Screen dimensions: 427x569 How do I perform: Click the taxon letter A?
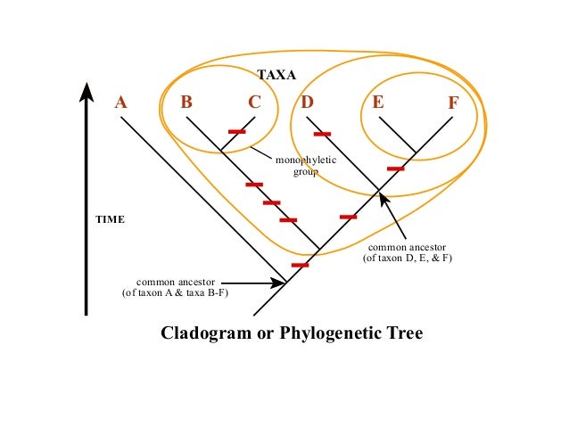121,103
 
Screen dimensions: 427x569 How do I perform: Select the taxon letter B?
186,102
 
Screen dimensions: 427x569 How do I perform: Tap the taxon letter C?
254,102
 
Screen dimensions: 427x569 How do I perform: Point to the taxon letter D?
307,102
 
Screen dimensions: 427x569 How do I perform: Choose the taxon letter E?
378,102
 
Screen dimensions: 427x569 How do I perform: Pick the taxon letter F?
453,103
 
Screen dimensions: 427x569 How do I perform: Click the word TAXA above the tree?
276,76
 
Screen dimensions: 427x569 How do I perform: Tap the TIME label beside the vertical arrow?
111,218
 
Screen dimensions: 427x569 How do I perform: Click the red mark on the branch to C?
236,131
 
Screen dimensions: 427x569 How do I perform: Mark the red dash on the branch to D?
322,135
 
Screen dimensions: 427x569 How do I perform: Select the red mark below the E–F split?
395,168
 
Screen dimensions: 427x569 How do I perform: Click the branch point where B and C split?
220,149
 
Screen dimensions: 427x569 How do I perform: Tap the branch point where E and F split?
416,152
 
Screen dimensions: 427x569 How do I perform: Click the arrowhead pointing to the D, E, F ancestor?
383,197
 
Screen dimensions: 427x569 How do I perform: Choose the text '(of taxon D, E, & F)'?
408,258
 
